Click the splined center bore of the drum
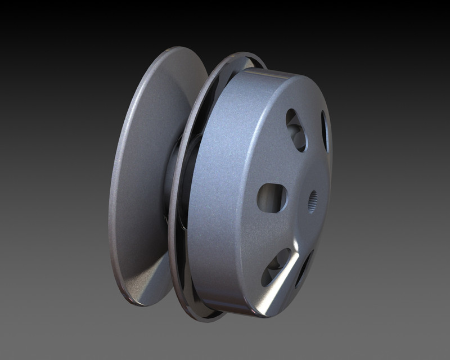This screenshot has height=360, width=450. (x=313, y=200)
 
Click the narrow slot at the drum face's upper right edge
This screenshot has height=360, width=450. (x=325, y=130)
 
